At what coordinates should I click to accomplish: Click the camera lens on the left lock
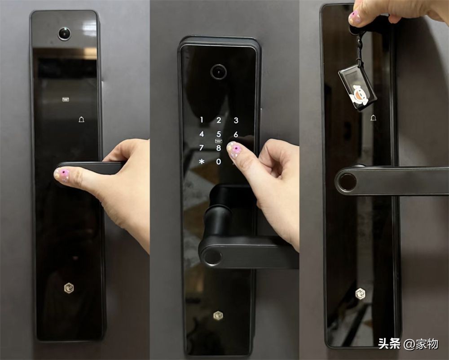click(x=64, y=34)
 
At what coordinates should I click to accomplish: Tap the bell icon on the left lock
click(x=81, y=120)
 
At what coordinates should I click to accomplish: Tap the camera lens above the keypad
click(x=219, y=71)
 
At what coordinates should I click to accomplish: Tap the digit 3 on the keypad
click(x=236, y=120)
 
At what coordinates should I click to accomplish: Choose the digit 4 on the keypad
click(x=202, y=134)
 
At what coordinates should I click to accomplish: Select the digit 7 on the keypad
click(x=202, y=148)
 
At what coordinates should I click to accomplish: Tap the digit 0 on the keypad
click(x=219, y=161)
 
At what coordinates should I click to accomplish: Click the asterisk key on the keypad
click(x=202, y=161)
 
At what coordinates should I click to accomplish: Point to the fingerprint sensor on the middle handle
click(x=211, y=257)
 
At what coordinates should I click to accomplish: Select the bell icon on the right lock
click(x=373, y=118)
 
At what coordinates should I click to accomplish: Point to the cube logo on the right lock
click(x=361, y=293)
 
